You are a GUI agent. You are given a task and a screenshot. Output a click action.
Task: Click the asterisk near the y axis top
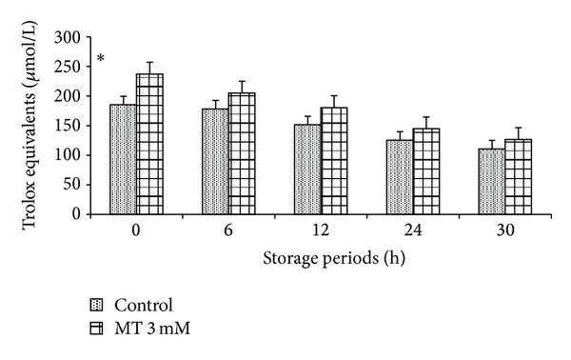101,62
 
